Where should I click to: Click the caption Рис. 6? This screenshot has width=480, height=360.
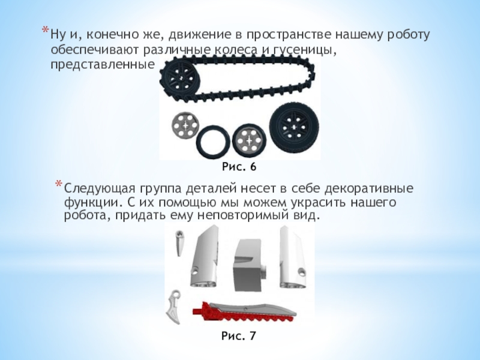[x=239, y=167]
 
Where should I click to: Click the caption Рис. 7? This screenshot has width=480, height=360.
[x=238, y=336]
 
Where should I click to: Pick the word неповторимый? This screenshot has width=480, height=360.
[x=241, y=216]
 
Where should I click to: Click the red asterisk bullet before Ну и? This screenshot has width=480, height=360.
[x=45, y=31]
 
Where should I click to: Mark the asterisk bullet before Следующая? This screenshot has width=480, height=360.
[x=58, y=184]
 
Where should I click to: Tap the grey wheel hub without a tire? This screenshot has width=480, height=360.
[x=185, y=126]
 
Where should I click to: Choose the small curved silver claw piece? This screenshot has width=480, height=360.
[x=173, y=306]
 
